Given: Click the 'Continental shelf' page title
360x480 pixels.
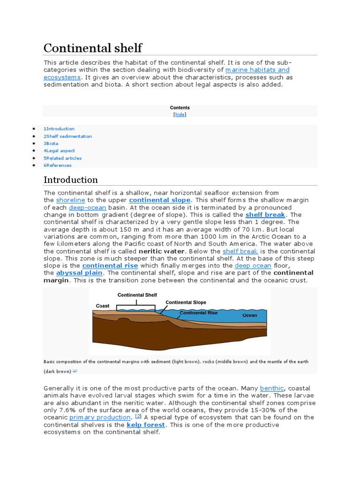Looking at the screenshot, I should pyautogui.click(x=93, y=48).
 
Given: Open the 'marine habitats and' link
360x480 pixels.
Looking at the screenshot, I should pyautogui.click(x=257, y=70).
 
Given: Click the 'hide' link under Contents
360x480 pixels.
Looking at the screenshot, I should pyautogui.click(x=180, y=114).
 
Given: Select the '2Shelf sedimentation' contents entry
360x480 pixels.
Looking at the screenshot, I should pyautogui.click(x=68, y=136).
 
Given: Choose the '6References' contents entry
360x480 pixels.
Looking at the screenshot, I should pyautogui.click(x=58, y=165).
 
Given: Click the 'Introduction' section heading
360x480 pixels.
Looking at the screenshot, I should pyautogui.click(x=71, y=180).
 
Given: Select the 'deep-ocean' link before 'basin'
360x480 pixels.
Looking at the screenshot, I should pyautogui.click(x=88, y=208).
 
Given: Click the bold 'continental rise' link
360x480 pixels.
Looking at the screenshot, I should pyautogui.click(x=110, y=266).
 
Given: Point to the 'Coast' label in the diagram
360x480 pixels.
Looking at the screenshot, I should pyautogui.click(x=103, y=306).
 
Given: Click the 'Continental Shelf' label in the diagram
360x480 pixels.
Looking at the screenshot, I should pyautogui.click(x=137, y=295).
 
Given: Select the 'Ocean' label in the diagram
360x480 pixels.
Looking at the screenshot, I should pyautogui.click(x=250, y=315).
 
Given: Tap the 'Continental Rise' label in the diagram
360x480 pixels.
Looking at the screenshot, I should pyautogui.click(x=200, y=313).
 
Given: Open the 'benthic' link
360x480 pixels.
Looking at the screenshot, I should pyautogui.click(x=272, y=388).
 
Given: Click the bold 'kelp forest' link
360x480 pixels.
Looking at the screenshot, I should pyautogui.click(x=146, y=425).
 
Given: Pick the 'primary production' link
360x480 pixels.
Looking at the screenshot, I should pyautogui.click(x=100, y=417).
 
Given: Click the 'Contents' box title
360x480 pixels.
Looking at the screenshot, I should pyautogui.click(x=180, y=108).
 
